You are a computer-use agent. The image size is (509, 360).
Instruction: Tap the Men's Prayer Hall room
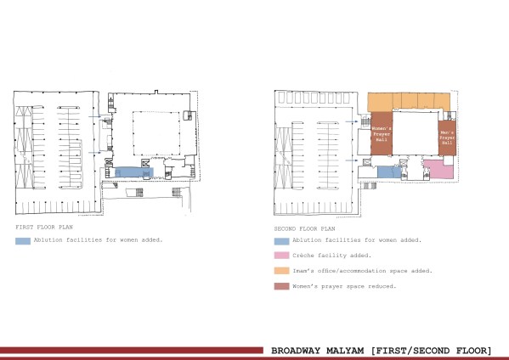(448, 136)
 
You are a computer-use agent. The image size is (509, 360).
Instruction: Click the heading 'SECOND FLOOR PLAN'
(304, 228)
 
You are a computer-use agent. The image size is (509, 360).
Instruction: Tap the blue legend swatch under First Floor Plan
(23, 241)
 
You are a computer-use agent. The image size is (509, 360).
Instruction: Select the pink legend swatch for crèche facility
(281, 256)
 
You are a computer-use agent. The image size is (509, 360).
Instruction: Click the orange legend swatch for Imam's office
(281, 271)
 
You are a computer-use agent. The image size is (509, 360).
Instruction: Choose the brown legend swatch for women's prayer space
(281, 286)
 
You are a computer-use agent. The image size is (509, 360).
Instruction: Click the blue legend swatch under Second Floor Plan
(281, 241)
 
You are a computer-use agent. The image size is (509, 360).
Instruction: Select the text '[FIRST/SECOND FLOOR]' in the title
(436, 349)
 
